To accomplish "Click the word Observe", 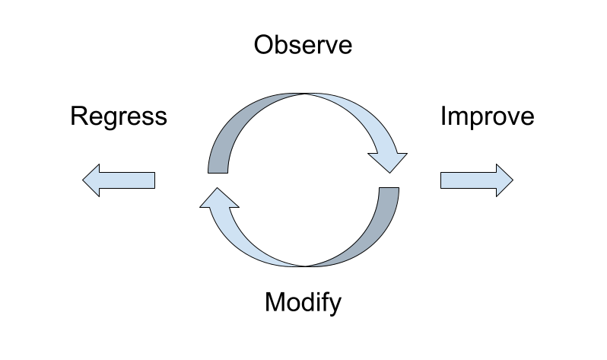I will [x=303, y=45].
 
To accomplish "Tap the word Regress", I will [x=118, y=116].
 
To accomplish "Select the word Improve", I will [x=487, y=116].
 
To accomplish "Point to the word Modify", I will [x=303, y=303].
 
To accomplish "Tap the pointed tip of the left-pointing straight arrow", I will [x=84, y=180].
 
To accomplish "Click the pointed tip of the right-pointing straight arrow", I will [x=512, y=180].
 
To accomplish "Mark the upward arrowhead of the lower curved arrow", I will [x=219, y=199].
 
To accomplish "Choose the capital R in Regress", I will [x=78, y=116].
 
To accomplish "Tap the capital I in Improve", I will [x=443, y=116].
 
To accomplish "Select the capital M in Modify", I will [x=274, y=302].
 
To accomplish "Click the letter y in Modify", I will [x=335, y=305].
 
